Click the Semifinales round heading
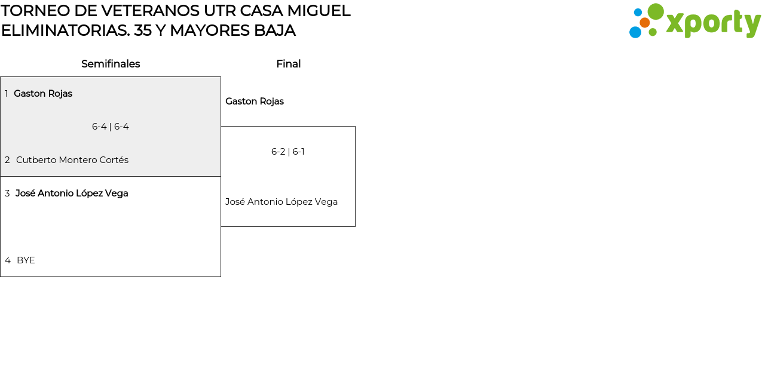[x=111, y=64]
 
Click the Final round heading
[x=288, y=64]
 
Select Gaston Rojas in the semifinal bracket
[x=43, y=94]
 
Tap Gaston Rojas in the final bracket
[x=255, y=102]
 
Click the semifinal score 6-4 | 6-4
[x=111, y=127]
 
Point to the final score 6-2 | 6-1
[x=288, y=152]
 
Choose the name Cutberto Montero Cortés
[x=72, y=160]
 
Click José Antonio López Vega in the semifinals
[x=72, y=193]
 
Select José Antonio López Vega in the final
[x=281, y=202]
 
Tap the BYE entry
[x=26, y=260]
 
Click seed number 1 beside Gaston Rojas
[x=7, y=94]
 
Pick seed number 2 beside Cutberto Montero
[x=7, y=160]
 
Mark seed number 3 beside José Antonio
[x=7, y=193]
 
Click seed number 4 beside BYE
[x=8, y=260]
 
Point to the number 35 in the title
[x=143, y=30]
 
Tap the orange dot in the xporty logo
[x=645, y=23]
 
